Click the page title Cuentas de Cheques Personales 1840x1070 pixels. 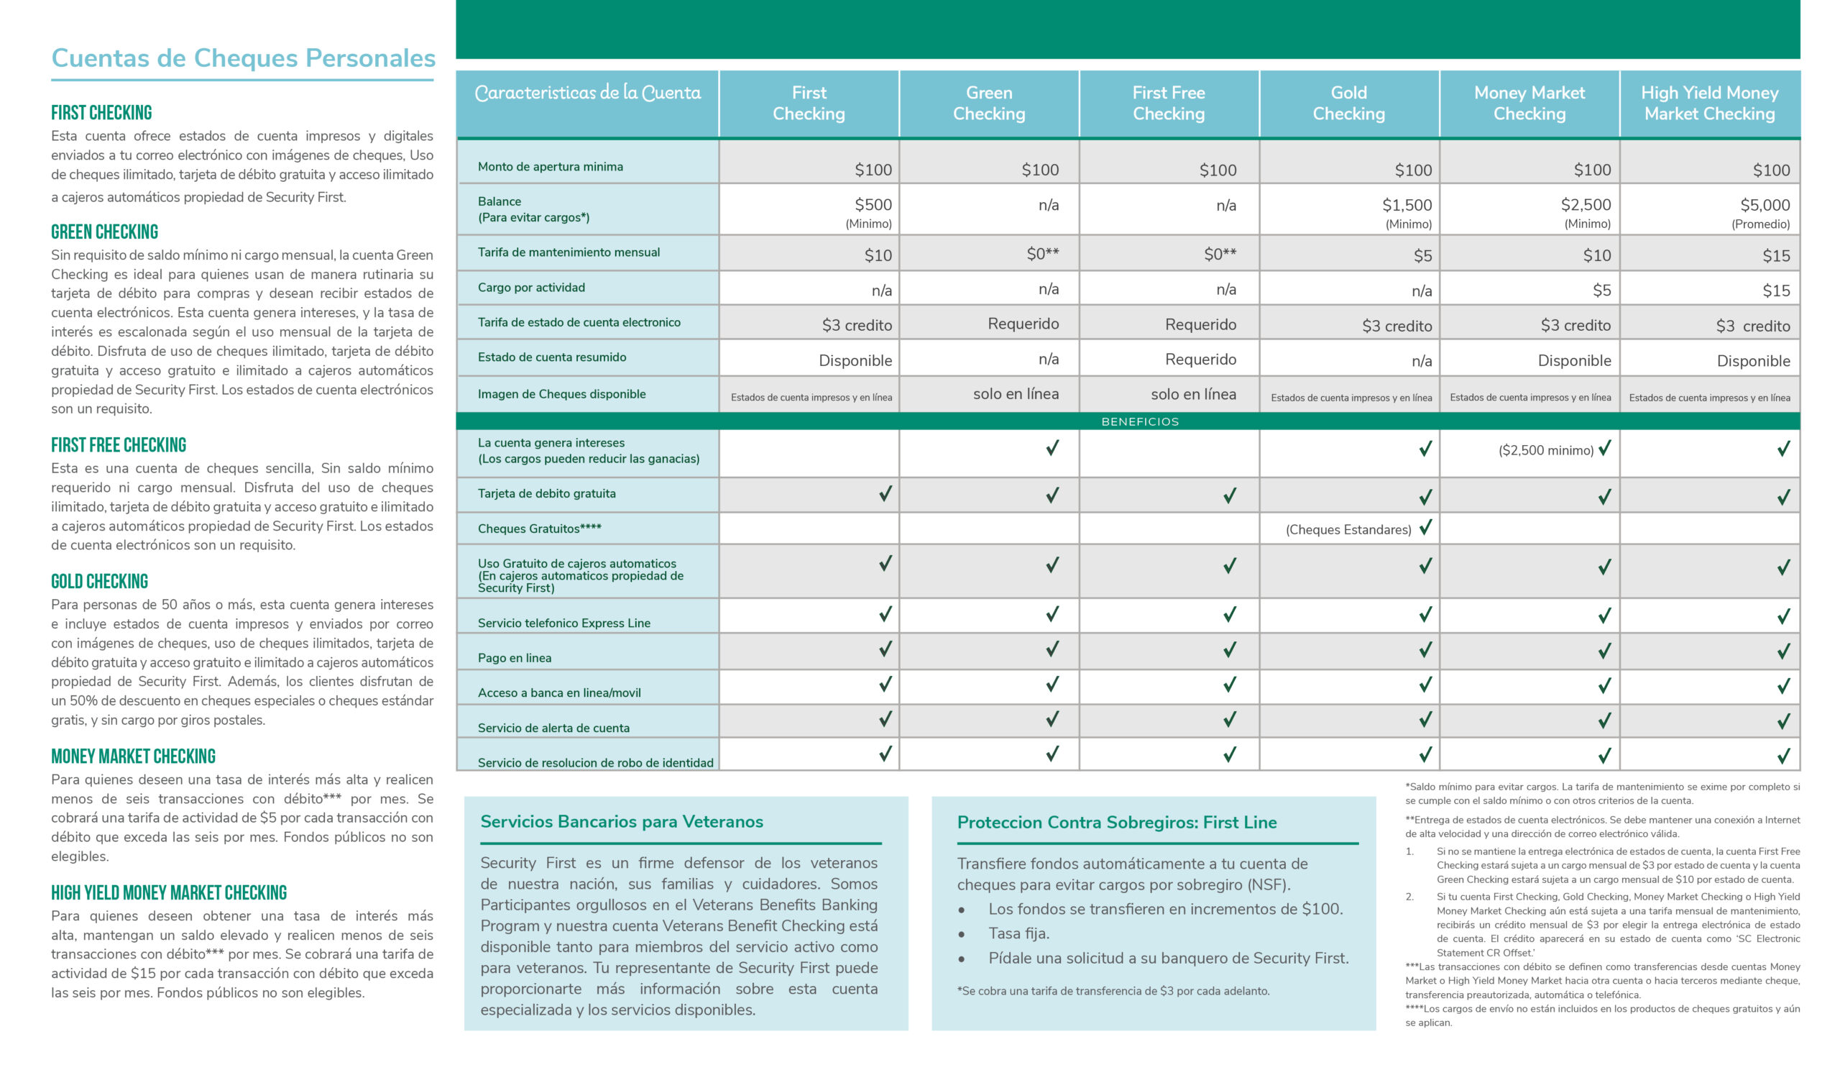(243, 58)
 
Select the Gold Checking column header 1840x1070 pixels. (1348, 103)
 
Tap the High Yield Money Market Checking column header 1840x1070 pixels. (1708, 103)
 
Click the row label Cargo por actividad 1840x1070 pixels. (531, 288)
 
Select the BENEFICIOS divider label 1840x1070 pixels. (1139, 421)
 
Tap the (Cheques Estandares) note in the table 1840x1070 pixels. (1348, 529)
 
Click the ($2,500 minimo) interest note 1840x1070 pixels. (1545, 450)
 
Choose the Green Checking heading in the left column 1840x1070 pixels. (104, 232)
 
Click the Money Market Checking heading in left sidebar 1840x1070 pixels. (133, 756)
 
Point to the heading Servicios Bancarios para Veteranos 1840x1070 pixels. (622, 822)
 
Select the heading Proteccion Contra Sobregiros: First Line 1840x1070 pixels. (1116, 823)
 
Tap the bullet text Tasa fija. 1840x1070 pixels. (1018, 933)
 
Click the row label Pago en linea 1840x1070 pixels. (514, 658)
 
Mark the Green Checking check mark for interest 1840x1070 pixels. (1052, 448)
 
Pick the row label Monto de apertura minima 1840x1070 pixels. (550, 167)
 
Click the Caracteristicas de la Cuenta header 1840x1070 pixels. (587, 93)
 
